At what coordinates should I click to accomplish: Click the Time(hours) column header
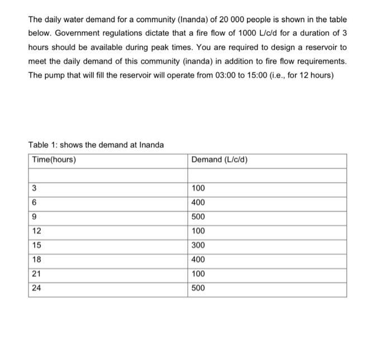coord(54,160)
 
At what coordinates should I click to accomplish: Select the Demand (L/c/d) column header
coord(219,160)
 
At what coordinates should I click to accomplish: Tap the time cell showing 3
coord(35,188)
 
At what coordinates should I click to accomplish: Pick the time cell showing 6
coord(35,203)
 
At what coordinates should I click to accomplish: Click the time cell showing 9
coord(35,217)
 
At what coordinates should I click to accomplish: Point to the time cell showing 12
coord(37,231)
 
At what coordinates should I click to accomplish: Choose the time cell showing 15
coord(37,246)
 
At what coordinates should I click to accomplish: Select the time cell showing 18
coord(37,260)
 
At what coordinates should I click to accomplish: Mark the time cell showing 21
coord(37,274)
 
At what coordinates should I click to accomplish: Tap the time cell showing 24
coord(37,289)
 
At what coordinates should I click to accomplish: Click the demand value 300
coord(198,246)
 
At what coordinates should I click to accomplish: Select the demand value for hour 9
coord(198,217)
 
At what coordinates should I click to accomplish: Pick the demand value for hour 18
coord(198,260)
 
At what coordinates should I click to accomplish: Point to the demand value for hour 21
coord(198,274)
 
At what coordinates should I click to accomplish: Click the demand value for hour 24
coord(198,289)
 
